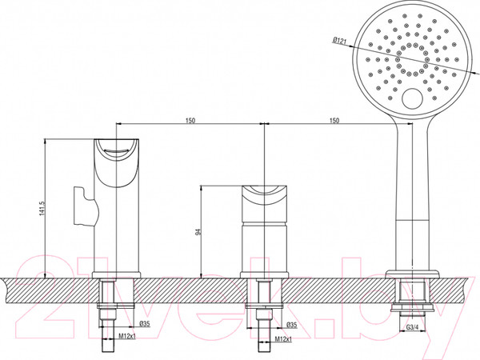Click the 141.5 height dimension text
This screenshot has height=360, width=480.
pyautogui.click(x=42, y=208)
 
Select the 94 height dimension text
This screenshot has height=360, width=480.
pyautogui.click(x=198, y=232)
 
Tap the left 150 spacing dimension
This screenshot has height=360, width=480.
pyautogui.click(x=190, y=120)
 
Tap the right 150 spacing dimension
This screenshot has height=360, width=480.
pyautogui.click(x=334, y=120)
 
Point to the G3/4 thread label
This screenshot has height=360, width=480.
pyautogui.click(x=412, y=327)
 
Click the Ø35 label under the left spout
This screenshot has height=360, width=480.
pyautogui.click(x=145, y=323)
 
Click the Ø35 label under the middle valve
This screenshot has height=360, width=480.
pyautogui.click(x=291, y=325)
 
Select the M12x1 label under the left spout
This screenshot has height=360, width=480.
pyautogui.click(x=127, y=337)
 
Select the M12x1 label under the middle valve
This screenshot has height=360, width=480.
pyautogui.click(x=283, y=339)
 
